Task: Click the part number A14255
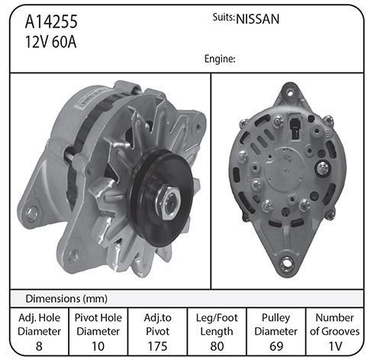pos(51,21)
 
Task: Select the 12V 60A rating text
pos(50,42)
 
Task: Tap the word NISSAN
pos(258,19)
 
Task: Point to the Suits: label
pos(224,18)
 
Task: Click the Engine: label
pos(220,59)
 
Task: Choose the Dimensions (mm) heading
pos(66,299)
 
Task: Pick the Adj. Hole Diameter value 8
pos(39,346)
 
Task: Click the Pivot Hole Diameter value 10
pos(98,346)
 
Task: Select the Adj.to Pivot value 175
pos(157,346)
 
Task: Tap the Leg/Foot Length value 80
pos(217,346)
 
